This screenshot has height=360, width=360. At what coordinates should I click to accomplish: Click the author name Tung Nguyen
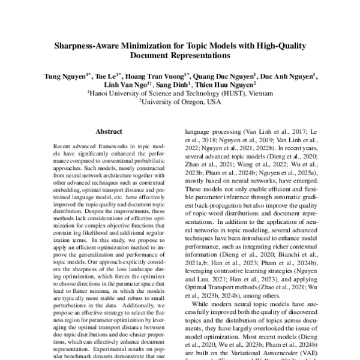[64, 77]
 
